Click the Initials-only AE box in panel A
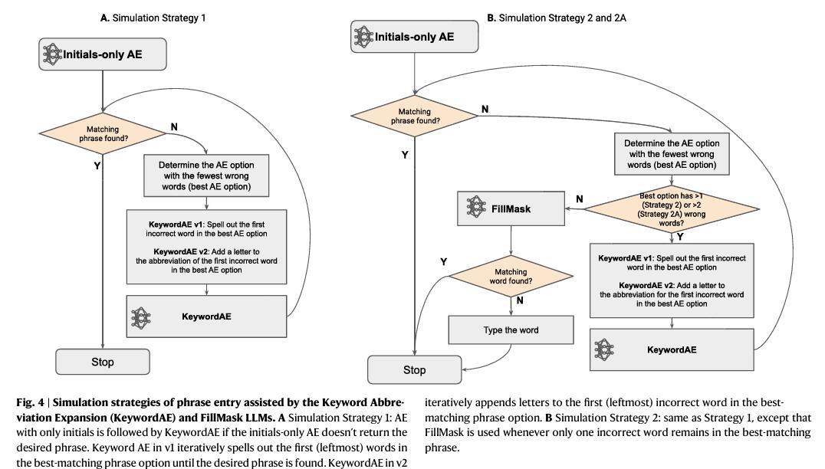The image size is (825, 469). click(102, 54)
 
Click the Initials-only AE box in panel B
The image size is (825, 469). click(413, 37)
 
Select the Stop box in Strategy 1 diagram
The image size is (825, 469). click(102, 362)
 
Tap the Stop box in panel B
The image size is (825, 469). click(414, 370)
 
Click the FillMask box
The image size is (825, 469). click(510, 208)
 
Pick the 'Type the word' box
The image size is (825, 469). click(511, 330)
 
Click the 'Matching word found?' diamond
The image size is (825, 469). click(511, 277)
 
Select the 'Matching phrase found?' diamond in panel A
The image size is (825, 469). click(103, 134)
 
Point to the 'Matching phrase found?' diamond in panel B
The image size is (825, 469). click(415, 116)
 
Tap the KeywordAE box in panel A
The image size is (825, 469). click(207, 316)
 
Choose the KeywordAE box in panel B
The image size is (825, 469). click(672, 349)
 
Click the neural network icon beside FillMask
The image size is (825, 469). click(477, 208)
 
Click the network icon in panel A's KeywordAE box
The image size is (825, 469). click(141, 316)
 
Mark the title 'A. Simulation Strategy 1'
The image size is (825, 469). click(153, 17)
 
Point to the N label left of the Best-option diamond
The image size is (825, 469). click(579, 199)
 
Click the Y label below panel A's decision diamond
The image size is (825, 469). click(97, 166)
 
